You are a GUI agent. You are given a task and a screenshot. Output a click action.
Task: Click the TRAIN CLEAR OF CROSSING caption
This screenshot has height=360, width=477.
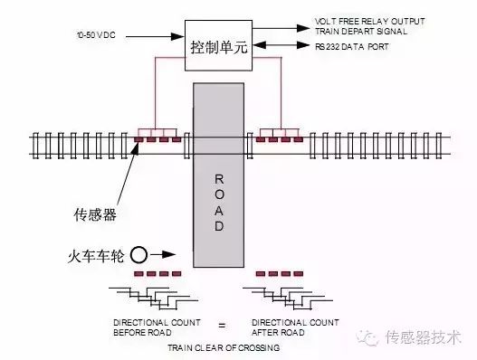[223, 346]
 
